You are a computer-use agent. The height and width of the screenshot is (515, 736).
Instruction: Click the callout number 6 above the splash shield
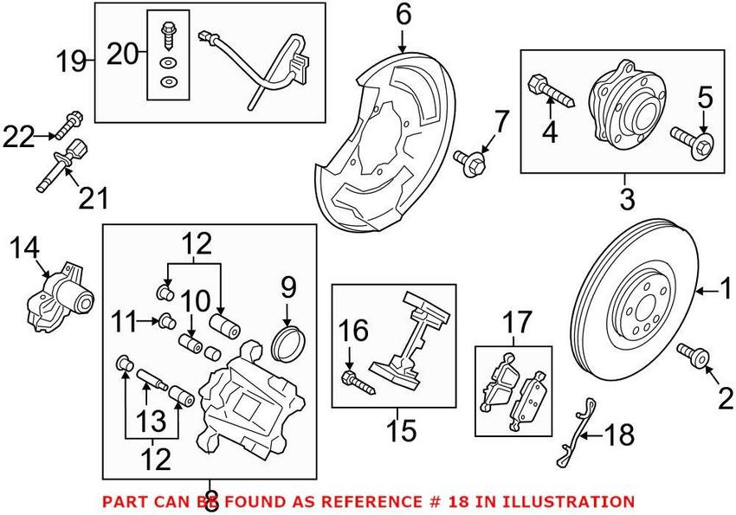[404, 15]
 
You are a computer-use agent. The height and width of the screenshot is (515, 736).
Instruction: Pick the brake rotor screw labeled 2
[694, 353]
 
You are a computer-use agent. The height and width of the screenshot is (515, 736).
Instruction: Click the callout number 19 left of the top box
[73, 61]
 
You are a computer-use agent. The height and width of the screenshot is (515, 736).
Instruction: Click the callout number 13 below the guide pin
[152, 422]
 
